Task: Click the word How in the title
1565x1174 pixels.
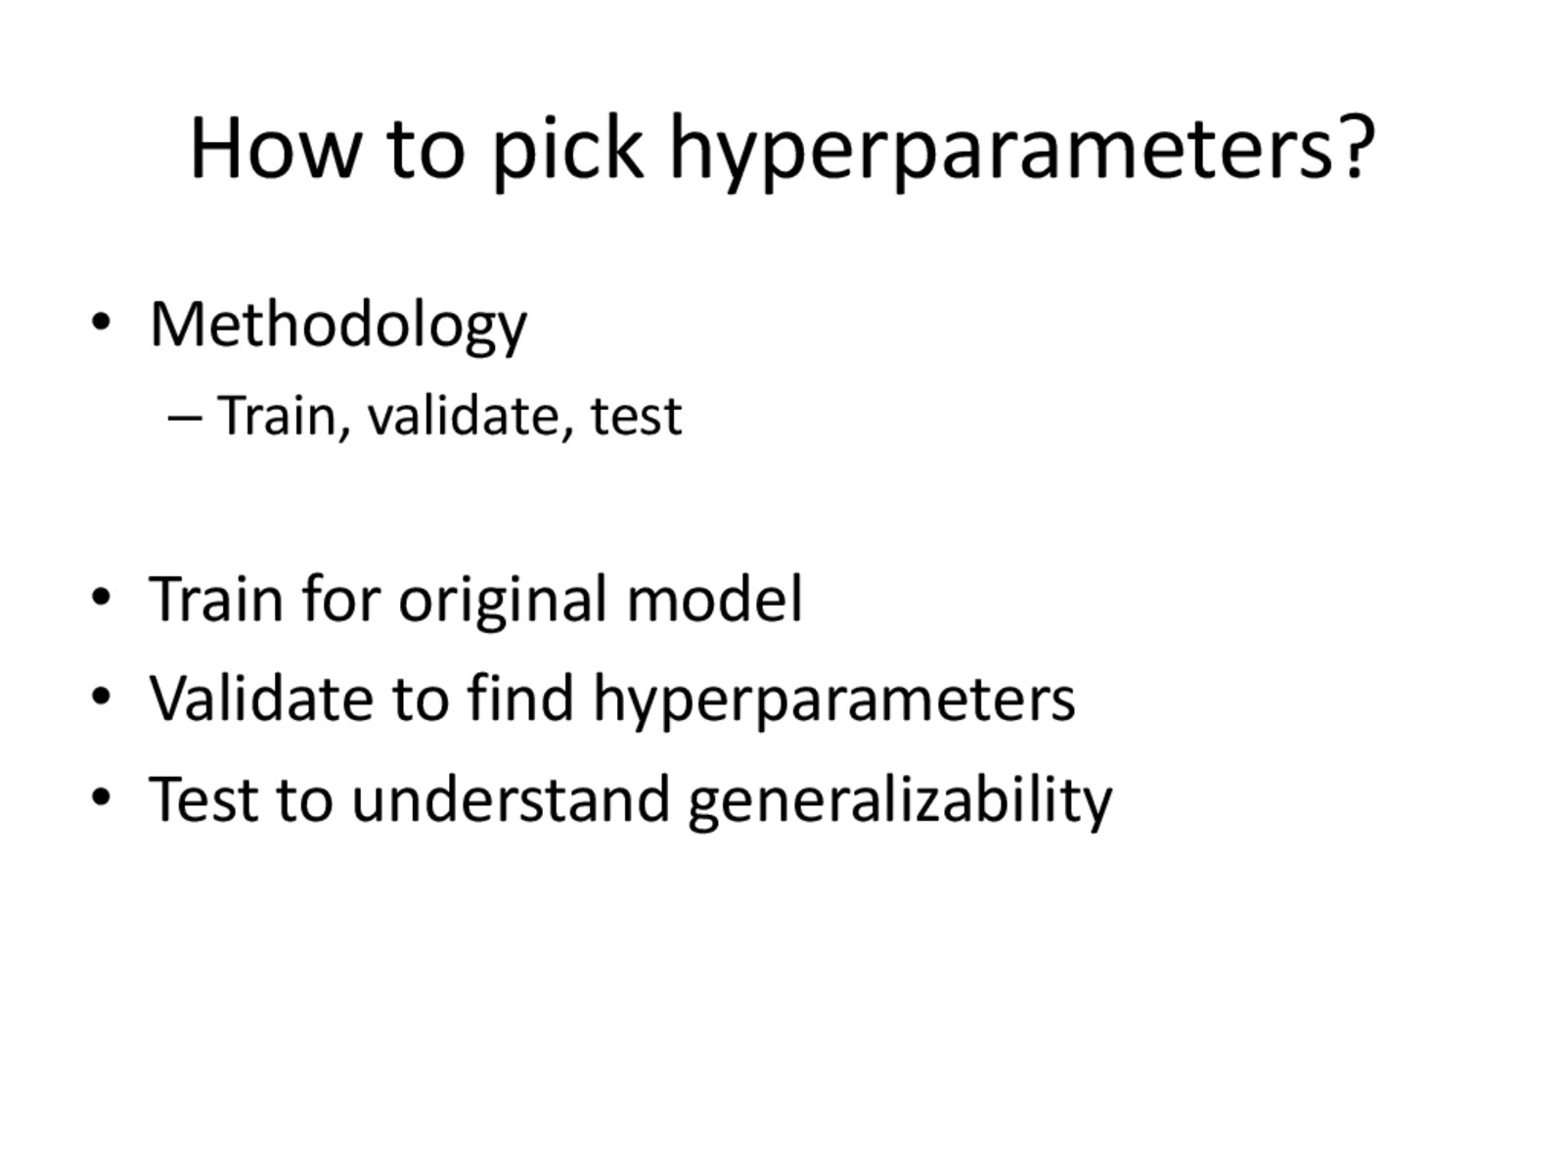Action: (273, 148)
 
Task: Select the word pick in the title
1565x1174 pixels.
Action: (567, 151)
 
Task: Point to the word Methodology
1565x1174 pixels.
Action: (338, 326)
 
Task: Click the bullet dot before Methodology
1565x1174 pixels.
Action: (102, 322)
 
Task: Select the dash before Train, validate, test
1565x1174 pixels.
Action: (185, 419)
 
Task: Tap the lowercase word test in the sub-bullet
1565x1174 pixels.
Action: (636, 417)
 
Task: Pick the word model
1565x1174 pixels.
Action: (714, 599)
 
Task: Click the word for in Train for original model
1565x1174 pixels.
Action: (340, 599)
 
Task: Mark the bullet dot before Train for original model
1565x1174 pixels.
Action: (102, 598)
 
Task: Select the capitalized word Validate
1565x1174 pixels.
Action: (261, 698)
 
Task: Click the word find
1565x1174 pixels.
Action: (520, 698)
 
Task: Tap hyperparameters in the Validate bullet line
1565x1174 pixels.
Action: (833, 702)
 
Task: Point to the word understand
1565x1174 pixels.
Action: (511, 799)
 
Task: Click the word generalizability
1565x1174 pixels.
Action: (900, 803)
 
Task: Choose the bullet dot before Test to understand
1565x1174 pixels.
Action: (102, 797)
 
